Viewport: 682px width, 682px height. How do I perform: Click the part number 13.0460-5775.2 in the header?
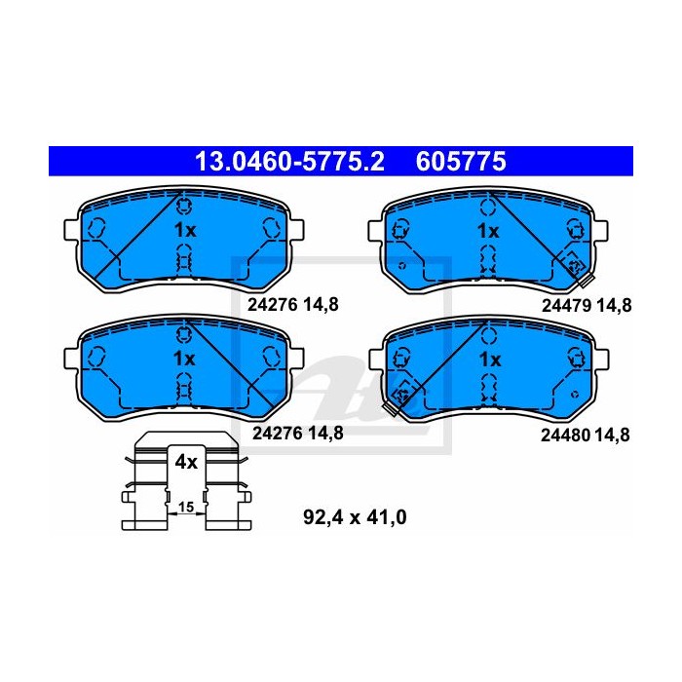tap(289, 162)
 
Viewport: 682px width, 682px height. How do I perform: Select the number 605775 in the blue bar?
tap(461, 162)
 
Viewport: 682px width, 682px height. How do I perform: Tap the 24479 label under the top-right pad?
tap(566, 306)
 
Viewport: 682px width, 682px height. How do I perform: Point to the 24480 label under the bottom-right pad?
tap(565, 435)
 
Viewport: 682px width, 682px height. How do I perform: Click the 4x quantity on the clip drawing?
tap(186, 462)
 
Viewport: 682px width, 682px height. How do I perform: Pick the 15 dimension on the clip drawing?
tap(186, 507)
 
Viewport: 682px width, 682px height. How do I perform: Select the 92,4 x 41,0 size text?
tap(355, 517)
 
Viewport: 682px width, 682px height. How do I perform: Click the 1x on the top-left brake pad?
tap(185, 230)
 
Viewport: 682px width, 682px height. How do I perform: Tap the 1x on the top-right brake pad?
tap(488, 232)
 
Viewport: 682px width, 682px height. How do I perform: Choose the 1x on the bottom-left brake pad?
tap(184, 359)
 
